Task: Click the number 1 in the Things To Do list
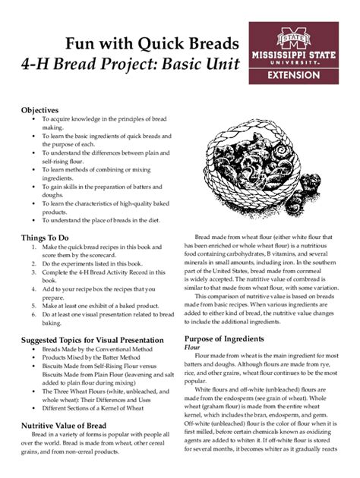[x=33, y=247]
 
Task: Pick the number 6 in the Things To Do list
[x=33, y=313]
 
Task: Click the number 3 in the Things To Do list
[x=33, y=272]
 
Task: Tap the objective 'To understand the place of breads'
[x=101, y=222]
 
